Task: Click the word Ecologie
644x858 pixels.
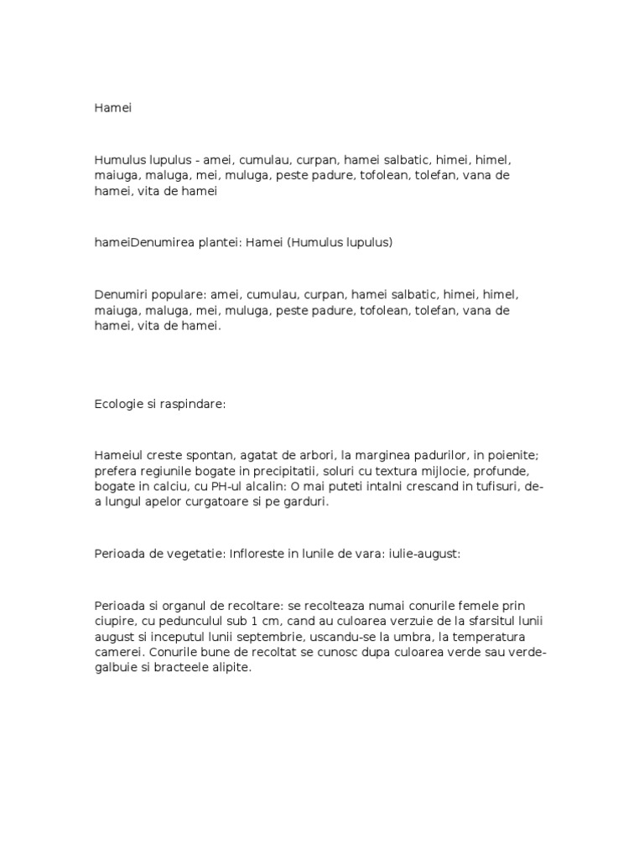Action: point(121,404)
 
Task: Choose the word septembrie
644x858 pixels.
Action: point(255,637)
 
